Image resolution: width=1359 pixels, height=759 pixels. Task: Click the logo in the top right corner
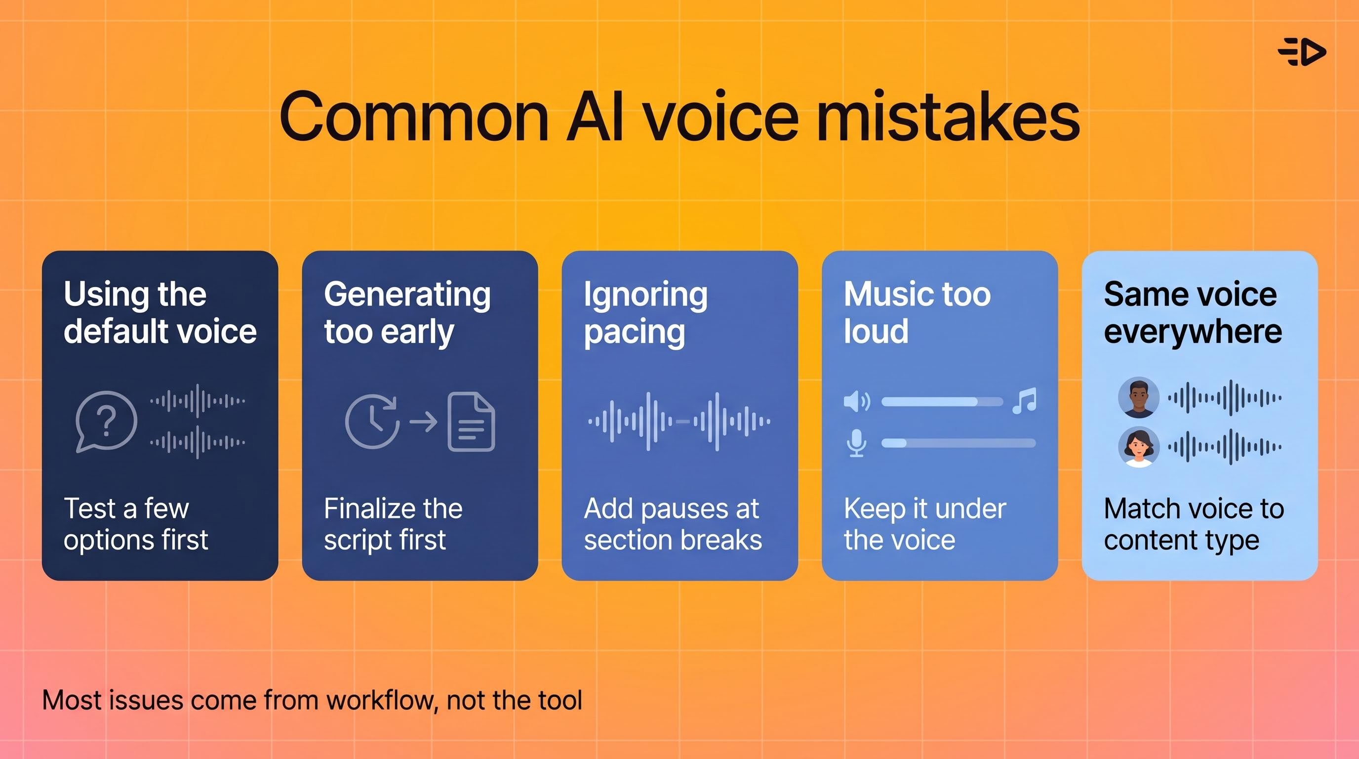[x=1302, y=52]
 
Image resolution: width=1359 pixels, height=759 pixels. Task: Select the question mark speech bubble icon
[x=106, y=421]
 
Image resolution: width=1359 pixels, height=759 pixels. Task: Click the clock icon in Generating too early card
[x=372, y=421]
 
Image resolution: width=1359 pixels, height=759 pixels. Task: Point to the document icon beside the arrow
[x=471, y=421]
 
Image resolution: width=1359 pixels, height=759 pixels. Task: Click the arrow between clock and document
[x=424, y=421]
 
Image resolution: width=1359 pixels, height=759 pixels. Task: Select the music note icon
[x=1025, y=401]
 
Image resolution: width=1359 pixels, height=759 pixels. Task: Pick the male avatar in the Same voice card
[x=1138, y=397]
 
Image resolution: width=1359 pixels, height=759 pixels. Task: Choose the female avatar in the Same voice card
[x=1138, y=447]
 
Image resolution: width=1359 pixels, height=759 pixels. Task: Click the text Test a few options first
[x=136, y=524]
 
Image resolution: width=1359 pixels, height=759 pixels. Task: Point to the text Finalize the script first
[x=393, y=524]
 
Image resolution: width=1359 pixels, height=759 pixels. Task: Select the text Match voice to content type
[x=1194, y=524]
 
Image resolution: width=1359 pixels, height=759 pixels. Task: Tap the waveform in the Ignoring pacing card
[x=679, y=421]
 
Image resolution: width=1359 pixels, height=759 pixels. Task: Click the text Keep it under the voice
[x=925, y=524]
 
